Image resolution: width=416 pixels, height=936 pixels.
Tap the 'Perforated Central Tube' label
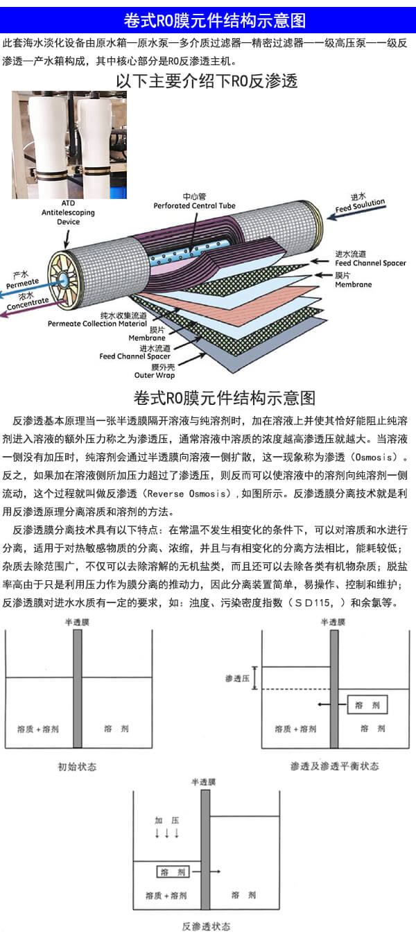195,206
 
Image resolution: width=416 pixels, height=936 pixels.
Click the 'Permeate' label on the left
22,281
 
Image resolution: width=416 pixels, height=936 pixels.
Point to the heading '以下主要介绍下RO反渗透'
207,81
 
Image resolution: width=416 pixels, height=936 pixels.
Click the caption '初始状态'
77,766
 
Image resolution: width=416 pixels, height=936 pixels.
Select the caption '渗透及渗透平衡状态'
334,766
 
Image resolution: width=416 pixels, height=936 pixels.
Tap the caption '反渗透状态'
205,926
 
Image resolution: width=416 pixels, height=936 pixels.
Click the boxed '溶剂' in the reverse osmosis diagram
171,872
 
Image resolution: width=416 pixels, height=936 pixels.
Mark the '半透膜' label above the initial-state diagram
77,622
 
